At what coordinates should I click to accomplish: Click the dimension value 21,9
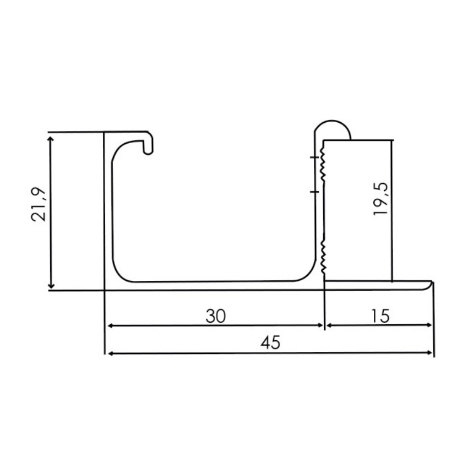(40, 204)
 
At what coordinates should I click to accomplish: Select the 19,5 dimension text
(381, 199)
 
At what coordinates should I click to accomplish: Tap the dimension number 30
(216, 316)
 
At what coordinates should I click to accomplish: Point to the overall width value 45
(270, 343)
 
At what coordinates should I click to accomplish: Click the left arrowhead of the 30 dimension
(110, 325)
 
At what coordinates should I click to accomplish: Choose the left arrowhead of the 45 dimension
(110, 353)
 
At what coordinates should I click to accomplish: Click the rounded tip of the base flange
(429, 286)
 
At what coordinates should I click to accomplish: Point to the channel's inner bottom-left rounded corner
(120, 274)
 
